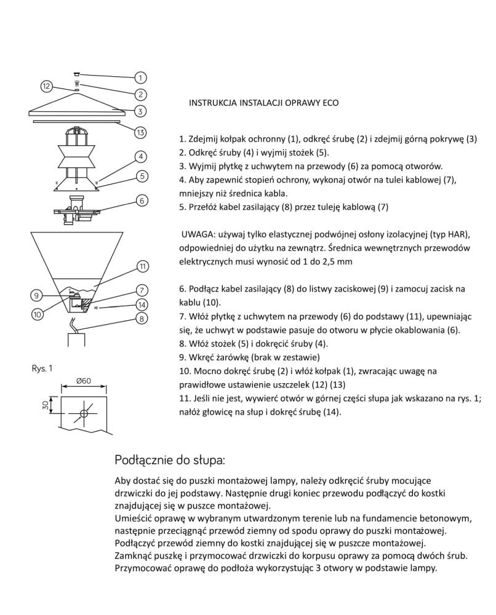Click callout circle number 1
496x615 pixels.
tap(141, 78)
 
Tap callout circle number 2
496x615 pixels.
tap(141, 95)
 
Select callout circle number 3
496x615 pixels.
tap(141, 111)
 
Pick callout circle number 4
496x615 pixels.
tap(141, 157)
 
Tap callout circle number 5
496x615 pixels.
tap(141, 176)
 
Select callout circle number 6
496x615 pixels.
tap(141, 200)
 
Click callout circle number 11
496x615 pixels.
tap(142, 266)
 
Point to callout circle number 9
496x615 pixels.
tap(36, 295)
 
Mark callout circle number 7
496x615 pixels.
tap(141, 290)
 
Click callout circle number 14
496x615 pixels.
tap(141, 304)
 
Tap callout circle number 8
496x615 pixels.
tap(141, 319)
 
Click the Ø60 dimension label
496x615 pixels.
tap(84, 381)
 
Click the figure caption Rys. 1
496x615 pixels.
tap(42, 368)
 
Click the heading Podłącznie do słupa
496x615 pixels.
tap(170, 460)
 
